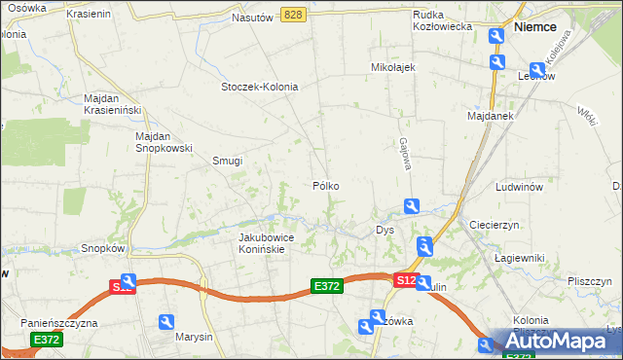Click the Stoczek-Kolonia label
(259, 87)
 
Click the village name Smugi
(227, 162)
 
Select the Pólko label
(325, 185)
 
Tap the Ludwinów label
(517, 186)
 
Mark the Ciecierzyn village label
(496, 224)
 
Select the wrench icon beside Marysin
(166, 322)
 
